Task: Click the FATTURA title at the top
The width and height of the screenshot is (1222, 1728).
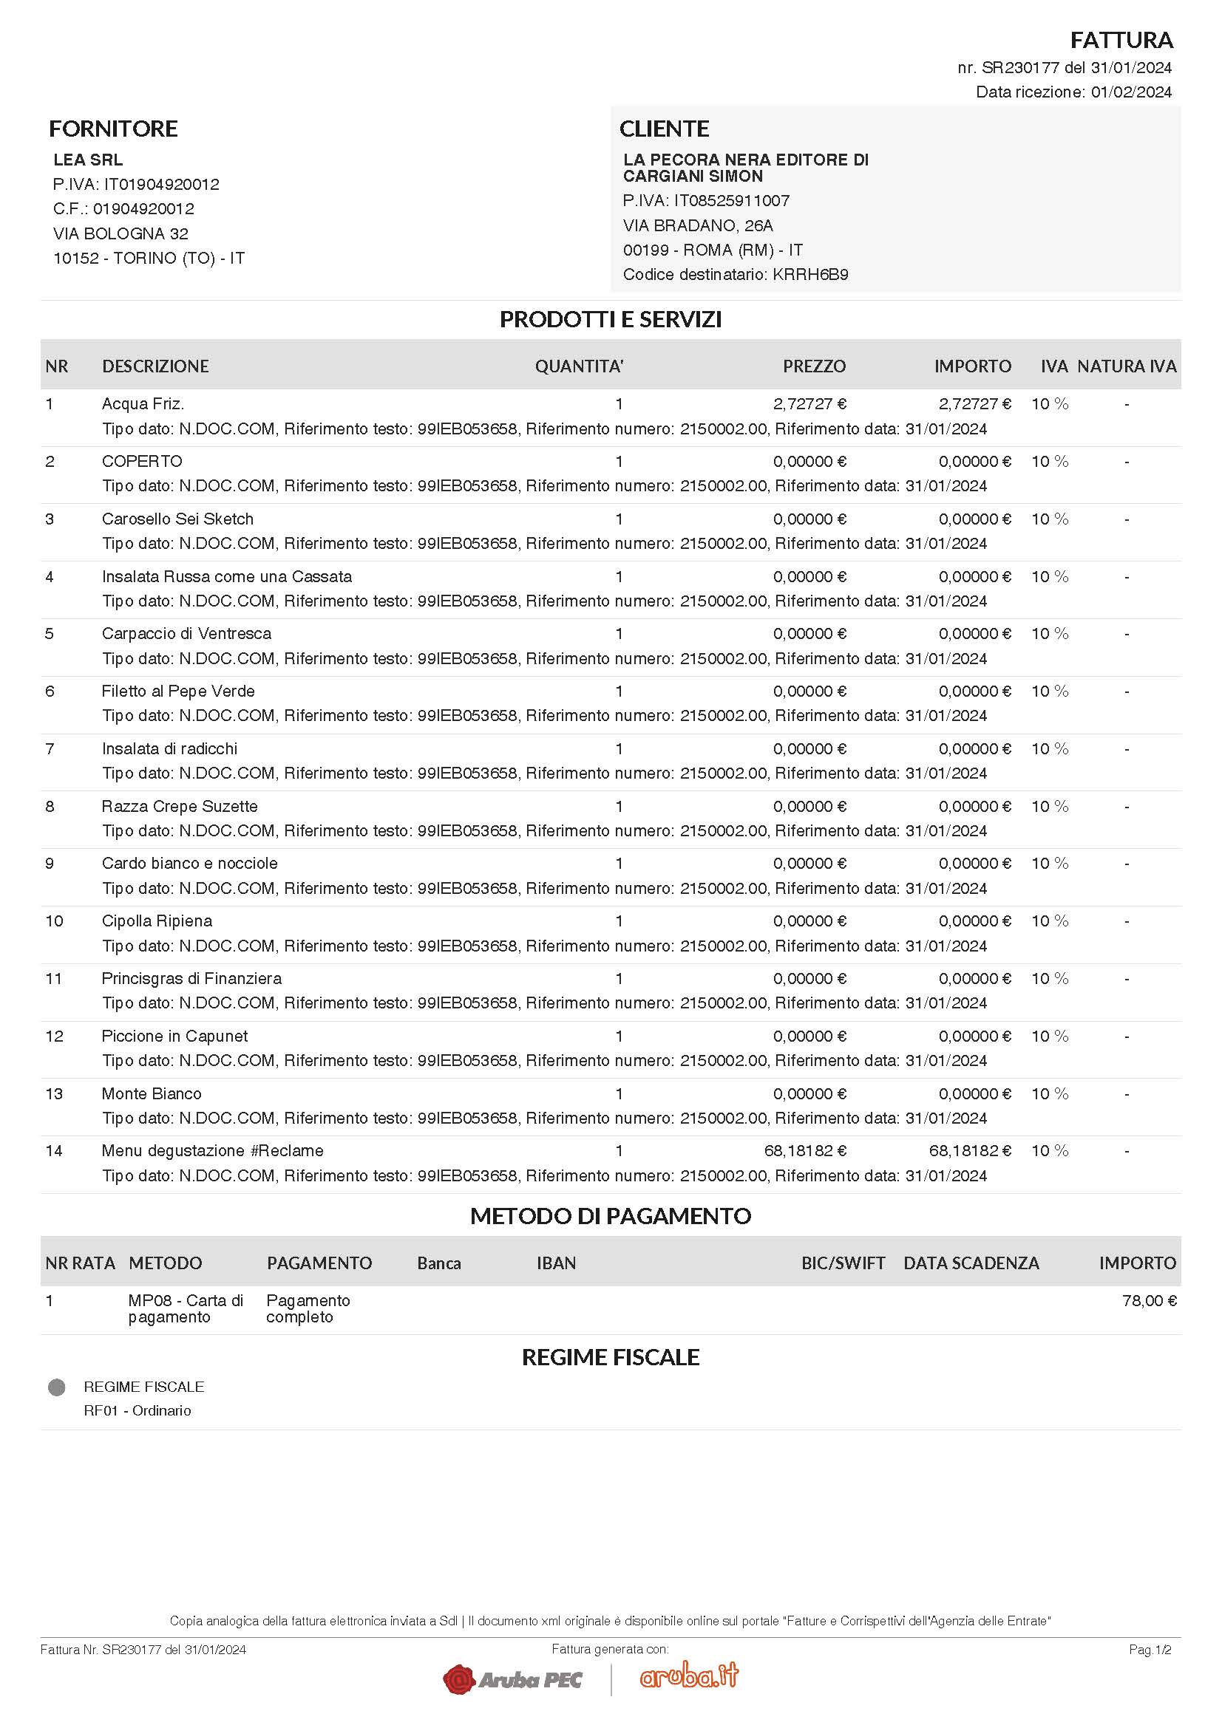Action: pyautogui.click(x=1121, y=40)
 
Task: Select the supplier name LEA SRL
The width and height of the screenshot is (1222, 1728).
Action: pyautogui.click(x=88, y=160)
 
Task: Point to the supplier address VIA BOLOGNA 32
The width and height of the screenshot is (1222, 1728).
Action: pyautogui.click(x=120, y=233)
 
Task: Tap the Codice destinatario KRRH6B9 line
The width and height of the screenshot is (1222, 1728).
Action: pyautogui.click(x=735, y=275)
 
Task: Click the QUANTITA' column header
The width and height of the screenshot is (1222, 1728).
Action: pyautogui.click(x=579, y=366)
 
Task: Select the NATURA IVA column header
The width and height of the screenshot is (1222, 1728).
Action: pyautogui.click(x=1126, y=366)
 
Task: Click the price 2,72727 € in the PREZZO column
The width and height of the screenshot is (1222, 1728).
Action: pyautogui.click(x=809, y=404)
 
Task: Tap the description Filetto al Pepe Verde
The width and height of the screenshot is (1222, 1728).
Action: pyautogui.click(x=178, y=691)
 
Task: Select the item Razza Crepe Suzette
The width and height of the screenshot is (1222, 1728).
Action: pyautogui.click(x=180, y=807)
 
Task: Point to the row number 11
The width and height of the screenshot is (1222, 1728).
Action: pyautogui.click(x=53, y=979)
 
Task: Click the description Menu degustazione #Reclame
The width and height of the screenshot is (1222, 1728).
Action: pyautogui.click(x=212, y=1151)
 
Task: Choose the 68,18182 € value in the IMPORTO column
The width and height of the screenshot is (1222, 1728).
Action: pyautogui.click(x=970, y=1151)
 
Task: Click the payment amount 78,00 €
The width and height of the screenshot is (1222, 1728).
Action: pyautogui.click(x=1149, y=1301)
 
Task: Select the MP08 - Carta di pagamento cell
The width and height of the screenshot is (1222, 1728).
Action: pyautogui.click(x=186, y=1309)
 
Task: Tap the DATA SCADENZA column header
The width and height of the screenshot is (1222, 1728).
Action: pyautogui.click(x=971, y=1263)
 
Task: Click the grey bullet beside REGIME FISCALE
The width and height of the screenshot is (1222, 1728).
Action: pyautogui.click(x=56, y=1387)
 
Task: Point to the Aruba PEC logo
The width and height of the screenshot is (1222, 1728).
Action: pyautogui.click(x=513, y=1679)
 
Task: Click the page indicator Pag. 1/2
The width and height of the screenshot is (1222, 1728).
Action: pyautogui.click(x=1150, y=1650)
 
